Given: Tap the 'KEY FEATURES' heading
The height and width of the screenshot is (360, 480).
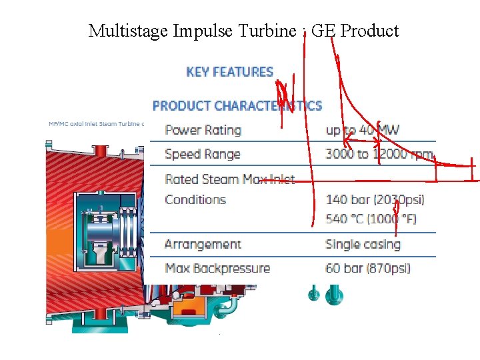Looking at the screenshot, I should pos(230,72).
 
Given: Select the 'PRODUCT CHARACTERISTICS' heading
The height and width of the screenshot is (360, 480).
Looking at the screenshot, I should pos(237,105).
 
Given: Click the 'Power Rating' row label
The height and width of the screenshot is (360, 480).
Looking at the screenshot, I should pos(203,130).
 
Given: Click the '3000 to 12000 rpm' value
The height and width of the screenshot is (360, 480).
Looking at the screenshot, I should pos(379,154).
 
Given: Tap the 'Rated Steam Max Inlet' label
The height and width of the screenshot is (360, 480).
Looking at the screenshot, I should pos(229,179).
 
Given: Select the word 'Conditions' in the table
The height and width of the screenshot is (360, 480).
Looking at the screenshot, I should pos(195,199).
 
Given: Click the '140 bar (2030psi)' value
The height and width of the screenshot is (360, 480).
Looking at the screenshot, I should pos(375,199).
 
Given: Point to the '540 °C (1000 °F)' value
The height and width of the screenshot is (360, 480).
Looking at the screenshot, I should pos(371,219).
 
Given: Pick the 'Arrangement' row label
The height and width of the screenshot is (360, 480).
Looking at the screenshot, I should pos(203,244).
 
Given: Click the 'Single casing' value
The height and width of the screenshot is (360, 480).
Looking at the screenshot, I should pos(363,244).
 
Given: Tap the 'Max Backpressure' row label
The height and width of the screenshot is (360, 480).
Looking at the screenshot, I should pos(217,269).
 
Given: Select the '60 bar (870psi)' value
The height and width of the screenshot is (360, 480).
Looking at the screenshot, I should pos(367,269).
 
